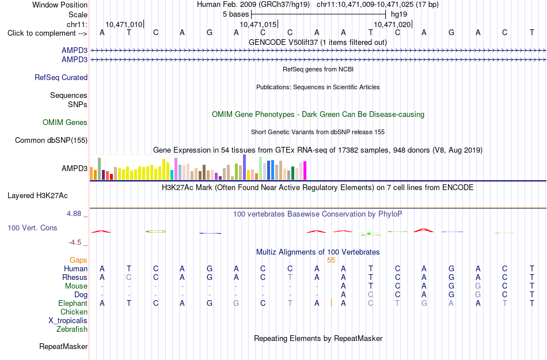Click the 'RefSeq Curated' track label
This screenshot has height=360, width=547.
pyautogui.click(x=61, y=77)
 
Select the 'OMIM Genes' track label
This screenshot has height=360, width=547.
pyautogui.click(x=65, y=123)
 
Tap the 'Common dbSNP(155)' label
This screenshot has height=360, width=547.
pyautogui.click(x=51, y=140)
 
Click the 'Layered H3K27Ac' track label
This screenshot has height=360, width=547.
pyautogui.click(x=37, y=196)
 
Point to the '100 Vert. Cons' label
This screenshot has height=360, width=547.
pyautogui.click(x=32, y=228)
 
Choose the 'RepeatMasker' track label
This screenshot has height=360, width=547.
pyautogui.click(x=63, y=346)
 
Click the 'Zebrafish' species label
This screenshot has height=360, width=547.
pyautogui.click(x=72, y=329)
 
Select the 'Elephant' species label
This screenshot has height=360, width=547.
pyautogui.click(x=73, y=303)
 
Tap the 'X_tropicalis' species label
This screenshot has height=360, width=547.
pyautogui.click(x=68, y=321)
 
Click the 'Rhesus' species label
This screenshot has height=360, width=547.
pyautogui.click(x=75, y=277)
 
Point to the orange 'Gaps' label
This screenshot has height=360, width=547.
pyautogui.click(x=78, y=260)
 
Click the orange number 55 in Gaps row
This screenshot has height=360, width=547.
pyautogui.click(x=331, y=260)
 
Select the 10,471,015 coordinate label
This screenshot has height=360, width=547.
pyautogui.click(x=258, y=24)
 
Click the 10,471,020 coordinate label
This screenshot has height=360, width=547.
pyautogui.click(x=392, y=24)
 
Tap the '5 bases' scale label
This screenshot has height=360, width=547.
pyautogui.click(x=236, y=14)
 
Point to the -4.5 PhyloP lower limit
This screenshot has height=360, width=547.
pyautogui.click(x=75, y=242)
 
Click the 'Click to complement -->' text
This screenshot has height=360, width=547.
pyautogui.click(x=47, y=33)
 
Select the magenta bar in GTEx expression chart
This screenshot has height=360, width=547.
pyautogui.click(x=305, y=170)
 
